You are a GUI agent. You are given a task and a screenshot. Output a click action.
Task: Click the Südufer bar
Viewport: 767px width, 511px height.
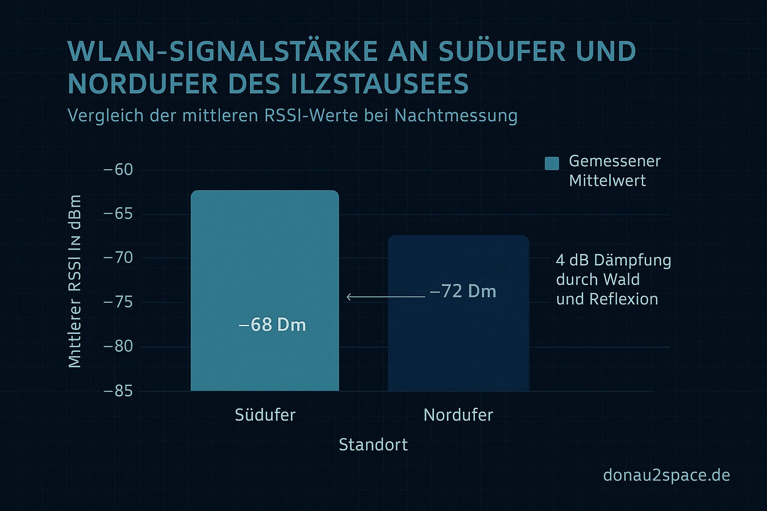point(265,259)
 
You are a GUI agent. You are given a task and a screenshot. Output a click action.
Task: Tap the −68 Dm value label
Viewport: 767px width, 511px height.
point(273,325)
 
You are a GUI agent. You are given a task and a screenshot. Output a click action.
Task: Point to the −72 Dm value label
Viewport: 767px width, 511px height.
point(463,291)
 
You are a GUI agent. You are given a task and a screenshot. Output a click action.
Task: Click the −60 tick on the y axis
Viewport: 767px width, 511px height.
point(118,170)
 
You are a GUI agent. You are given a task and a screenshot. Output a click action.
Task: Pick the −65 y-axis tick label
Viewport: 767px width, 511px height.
point(118,214)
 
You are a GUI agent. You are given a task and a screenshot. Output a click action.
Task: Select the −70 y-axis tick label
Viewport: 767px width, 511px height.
point(118,258)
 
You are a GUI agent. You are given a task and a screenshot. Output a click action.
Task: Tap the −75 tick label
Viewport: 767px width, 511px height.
point(118,302)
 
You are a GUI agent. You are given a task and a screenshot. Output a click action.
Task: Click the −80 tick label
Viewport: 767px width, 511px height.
point(118,346)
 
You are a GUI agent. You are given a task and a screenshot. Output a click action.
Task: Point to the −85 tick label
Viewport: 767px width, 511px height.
point(118,391)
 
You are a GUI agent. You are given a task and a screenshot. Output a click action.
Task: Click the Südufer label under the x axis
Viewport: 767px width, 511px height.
point(265,415)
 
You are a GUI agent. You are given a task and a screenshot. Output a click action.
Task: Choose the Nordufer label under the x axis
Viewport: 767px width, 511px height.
point(458,415)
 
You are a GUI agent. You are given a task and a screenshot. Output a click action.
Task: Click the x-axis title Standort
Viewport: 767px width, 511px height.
point(373,445)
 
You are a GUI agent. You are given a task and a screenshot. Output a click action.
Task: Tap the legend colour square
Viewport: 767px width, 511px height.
point(552,163)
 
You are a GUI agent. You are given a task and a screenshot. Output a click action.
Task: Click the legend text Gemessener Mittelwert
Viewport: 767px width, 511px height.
point(614,171)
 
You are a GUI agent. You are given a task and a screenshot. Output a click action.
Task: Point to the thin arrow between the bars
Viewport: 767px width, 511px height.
point(385,297)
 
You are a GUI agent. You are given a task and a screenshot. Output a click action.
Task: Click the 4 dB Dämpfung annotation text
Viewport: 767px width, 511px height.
point(613,279)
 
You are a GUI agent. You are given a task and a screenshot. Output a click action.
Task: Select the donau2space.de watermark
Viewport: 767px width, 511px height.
point(666,475)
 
